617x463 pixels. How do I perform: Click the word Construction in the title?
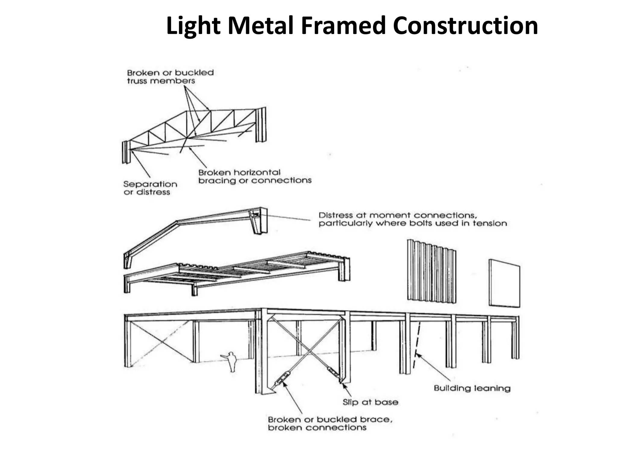click(465, 26)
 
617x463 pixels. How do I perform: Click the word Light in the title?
click(193, 26)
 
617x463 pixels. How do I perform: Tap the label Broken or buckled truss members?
click(170, 77)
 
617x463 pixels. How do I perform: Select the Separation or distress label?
click(150, 188)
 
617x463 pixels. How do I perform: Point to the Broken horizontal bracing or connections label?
click(255, 177)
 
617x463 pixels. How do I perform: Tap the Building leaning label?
click(472, 388)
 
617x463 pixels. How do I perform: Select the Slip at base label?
click(370, 402)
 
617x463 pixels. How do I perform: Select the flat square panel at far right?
click(504, 283)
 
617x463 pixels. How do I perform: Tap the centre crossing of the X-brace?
click(308, 351)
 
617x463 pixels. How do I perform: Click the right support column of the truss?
click(261, 124)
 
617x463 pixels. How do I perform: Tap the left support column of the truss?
click(126, 152)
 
